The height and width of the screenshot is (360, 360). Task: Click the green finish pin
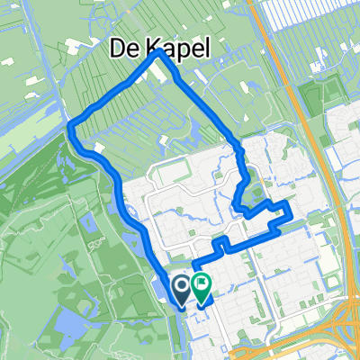pyautogui.click(x=201, y=288)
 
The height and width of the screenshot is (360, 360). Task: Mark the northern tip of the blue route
pyautogui.click(x=160, y=52)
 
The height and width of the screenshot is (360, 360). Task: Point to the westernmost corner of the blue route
pyautogui.click(x=70, y=130)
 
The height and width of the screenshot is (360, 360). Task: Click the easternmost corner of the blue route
pyautogui.click(x=290, y=214)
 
